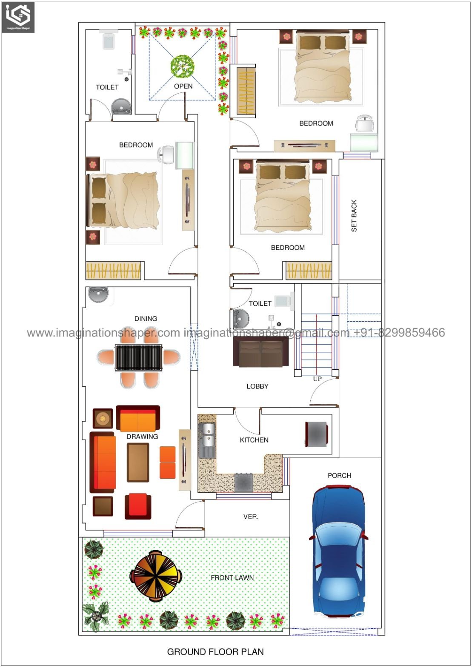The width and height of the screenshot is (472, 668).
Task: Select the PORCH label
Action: pos(339,475)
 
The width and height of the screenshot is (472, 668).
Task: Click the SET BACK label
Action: pos(354,216)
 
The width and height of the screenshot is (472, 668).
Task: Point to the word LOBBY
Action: pos(257,386)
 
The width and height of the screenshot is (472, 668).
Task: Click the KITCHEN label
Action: pos(254,440)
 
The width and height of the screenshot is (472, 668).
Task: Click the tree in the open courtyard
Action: pos(182,65)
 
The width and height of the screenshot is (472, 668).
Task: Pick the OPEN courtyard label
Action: pos(183,86)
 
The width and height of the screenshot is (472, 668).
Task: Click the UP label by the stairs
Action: pos(317,379)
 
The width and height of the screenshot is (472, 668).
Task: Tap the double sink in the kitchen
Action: pos(208,435)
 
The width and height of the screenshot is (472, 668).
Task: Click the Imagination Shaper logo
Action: pos(18,17)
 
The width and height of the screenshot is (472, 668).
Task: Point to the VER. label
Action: pos(251,517)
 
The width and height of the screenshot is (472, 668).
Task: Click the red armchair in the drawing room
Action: pos(138,506)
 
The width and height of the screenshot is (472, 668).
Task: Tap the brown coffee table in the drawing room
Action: pos(138,462)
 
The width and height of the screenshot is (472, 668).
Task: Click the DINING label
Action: pos(146,319)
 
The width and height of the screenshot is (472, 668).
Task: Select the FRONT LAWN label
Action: pos(232,578)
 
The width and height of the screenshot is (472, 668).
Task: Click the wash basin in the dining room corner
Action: pos(98,295)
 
